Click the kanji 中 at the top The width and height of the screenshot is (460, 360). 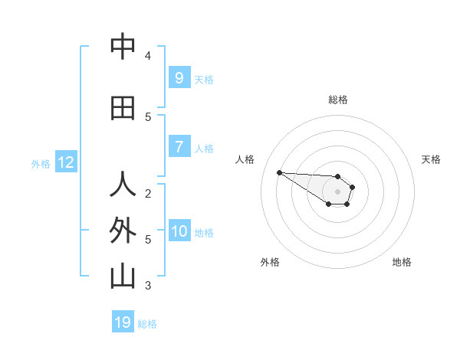pyautogui.click(x=123, y=47)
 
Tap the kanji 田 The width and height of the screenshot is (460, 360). pyautogui.click(x=123, y=109)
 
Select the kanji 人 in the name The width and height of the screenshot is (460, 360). pyautogui.click(x=123, y=186)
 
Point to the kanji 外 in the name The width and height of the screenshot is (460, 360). pyautogui.click(x=123, y=231)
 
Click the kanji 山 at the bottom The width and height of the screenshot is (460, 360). pyautogui.click(x=123, y=277)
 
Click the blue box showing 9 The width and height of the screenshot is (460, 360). pyautogui.click(x=179, y=77)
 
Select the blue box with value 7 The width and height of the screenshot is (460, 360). pyautogui.click(x=179, y=147)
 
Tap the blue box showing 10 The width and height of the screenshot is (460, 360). pyautogui.click(x=179, y=231)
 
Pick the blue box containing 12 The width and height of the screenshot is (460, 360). pyautogui.click(x=65, y=162)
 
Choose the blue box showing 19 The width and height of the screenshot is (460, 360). pyautogui.click(x=123, y=322)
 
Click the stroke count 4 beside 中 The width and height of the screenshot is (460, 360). pyautogui.click(x=148, y=55)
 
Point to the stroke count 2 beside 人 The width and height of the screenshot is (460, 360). pyautogui.click(x=148, y=193)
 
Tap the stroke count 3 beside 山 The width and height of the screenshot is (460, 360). pyautogui.click(x=148, y=286)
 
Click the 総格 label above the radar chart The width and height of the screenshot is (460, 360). pyautogui.click(x=337, y=100)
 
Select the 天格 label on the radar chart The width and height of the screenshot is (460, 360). pyautogui.click(x=431, y=159)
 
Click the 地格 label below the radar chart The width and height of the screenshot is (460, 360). pyautogui.click(x=402, y=262)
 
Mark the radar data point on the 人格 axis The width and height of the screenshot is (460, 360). pyautogui.click(x=279, y=172)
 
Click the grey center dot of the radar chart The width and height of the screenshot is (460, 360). pyautogui.click(x=337, y=191)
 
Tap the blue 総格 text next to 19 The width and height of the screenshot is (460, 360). pyautogui.click(x=147, y=324)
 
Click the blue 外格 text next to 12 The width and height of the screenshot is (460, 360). pyautogui.click(x=40, y=163)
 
